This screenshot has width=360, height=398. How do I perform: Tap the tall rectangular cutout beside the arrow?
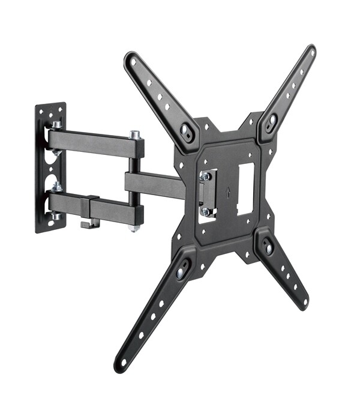pyautogui.click(x=246, y=188)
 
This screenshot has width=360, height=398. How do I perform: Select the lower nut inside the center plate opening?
pyautogui.click(x=206, y=211)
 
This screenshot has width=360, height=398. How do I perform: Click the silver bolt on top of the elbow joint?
pyautogui.click(x=135, y=136)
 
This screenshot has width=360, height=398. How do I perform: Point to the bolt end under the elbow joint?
pyautogui.click(x=134, y=229)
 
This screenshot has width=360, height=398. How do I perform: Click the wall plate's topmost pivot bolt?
pyautogui.click(x=56, y=125)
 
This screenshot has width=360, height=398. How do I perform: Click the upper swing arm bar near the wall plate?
pyautogui.click(x=90, y=141)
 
